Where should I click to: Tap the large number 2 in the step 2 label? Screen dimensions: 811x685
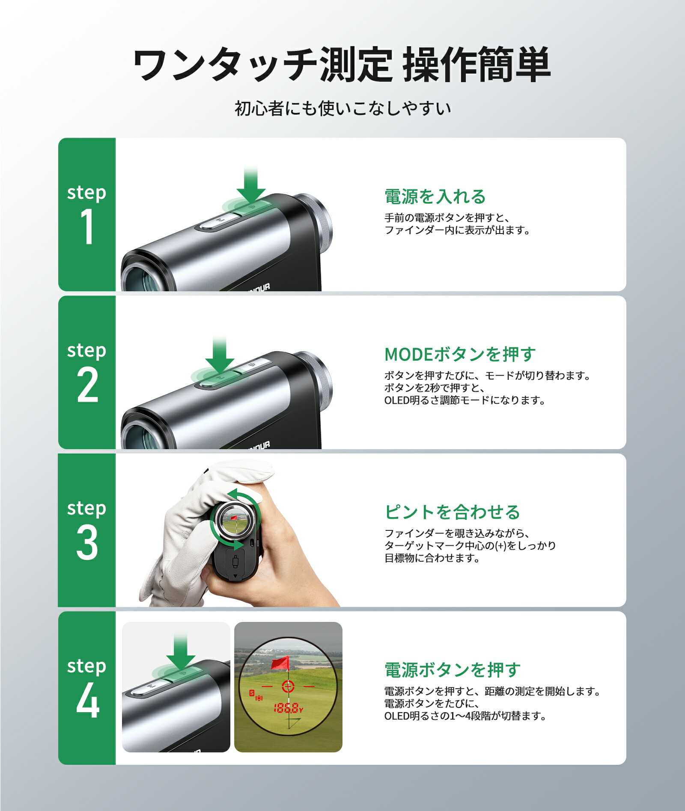[87, 385]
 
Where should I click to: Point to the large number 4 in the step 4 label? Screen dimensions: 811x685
[87, 700]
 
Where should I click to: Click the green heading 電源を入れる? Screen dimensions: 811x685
[435, 197]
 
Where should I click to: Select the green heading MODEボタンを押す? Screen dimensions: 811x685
[460, 354]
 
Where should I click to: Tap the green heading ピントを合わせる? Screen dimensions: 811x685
[452, 512]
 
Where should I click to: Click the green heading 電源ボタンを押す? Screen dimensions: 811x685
[452, 670]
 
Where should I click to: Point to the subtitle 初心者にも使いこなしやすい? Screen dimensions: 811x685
[342, 109]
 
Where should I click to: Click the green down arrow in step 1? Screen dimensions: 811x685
[251, 186]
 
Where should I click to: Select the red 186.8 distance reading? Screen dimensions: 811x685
[286, 708]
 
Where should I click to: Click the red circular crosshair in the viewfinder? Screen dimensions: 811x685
[288, 687]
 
